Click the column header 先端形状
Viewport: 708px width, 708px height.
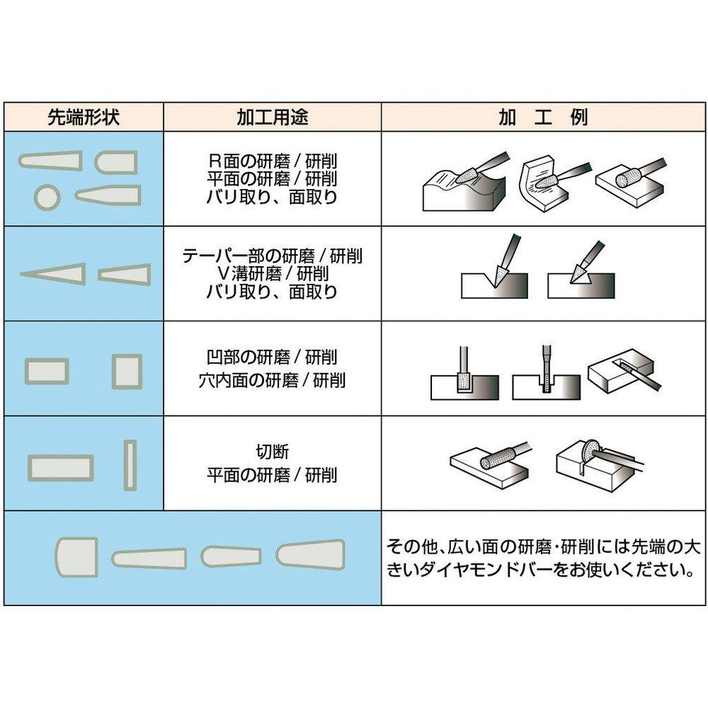coord(84,117)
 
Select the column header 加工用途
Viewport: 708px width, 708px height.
coord(273,117)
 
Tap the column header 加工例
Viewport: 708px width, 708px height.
coord(543,117)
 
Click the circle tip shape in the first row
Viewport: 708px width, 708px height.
coord(47,197)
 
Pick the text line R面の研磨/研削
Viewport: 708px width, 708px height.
coord(273,161)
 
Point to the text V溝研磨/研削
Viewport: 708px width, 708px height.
coord(273,273)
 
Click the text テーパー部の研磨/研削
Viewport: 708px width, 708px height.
coord(273,256)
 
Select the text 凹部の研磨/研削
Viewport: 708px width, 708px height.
coord(273,357)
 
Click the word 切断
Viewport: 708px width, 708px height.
coord(273,452)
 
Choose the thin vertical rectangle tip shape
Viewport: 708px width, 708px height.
coord(130,465)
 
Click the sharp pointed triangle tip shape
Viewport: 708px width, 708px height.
coord(53,273)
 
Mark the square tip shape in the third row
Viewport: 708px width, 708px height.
coord(127,371)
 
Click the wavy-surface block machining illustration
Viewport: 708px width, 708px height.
coord(466,183)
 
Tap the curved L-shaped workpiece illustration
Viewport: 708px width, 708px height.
coord(554,183)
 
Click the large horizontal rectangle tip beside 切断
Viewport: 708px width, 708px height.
coord(61,468)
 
